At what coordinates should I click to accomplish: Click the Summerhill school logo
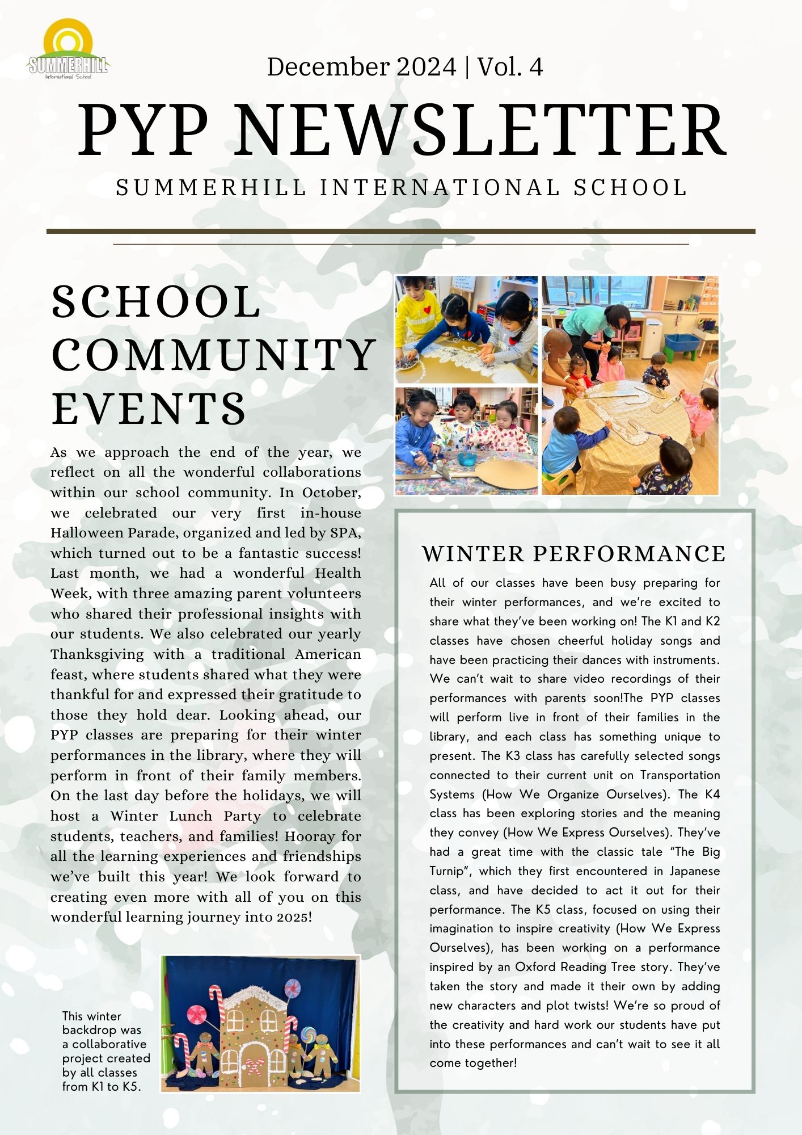click(68, 50)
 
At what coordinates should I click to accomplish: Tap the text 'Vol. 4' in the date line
click(510, 67)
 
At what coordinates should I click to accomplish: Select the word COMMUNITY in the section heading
click(214, 355)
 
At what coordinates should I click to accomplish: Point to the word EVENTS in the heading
click(149, 409)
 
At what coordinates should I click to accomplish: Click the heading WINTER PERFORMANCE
click(573, 554)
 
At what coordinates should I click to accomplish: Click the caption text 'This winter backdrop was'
click(102, 1023)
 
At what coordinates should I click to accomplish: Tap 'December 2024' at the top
click(361, 67)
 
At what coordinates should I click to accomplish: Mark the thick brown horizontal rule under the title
click(400, 232)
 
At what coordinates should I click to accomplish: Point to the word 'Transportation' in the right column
click(680, 775)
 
